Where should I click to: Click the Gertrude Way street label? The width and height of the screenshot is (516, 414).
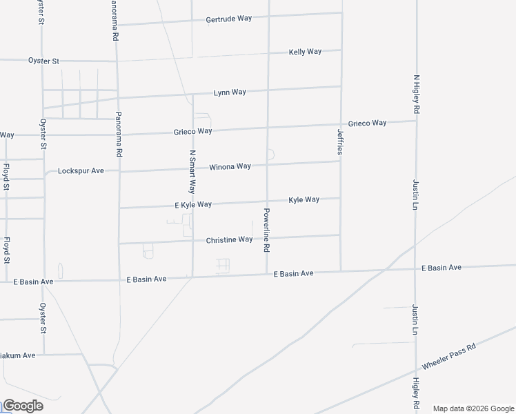point(228,19)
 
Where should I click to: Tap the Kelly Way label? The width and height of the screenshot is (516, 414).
point(305,52)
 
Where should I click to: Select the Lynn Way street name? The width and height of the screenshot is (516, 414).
point(230,92)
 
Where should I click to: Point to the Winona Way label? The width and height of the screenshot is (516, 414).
point(230,166)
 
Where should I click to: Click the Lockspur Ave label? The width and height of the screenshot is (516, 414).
point(81,170)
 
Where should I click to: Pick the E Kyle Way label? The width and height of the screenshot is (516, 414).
point(193,205)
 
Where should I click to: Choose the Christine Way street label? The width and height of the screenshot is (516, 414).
point(229,239)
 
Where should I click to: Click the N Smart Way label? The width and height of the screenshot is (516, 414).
point(192,172)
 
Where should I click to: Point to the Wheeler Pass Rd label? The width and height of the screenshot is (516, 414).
point(449,356)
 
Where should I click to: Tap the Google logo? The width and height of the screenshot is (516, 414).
point(23,406)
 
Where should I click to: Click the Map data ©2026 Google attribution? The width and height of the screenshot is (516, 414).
point(473,408)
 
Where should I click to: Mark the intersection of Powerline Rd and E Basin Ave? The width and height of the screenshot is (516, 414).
point(267,274)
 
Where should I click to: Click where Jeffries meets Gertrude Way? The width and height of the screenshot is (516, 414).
point(341,12)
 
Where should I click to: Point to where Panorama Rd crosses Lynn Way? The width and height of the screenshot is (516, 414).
point(118,97)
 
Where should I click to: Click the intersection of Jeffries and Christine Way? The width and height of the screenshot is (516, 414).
point(340,235)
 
